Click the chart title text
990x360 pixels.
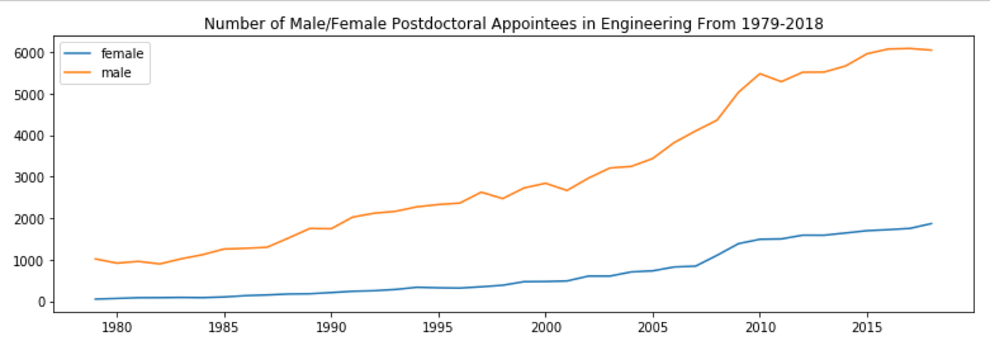coord(513,23)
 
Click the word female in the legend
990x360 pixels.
coord(122,54)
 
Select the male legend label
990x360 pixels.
coord(117,72)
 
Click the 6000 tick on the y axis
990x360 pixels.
coord(30,53)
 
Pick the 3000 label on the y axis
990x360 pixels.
coord(30,178)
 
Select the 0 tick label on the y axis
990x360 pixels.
coord(42,302)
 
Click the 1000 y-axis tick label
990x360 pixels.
coord(30,261)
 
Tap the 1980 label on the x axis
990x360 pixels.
coord(117,329)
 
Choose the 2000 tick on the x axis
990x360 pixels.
coord(545,329)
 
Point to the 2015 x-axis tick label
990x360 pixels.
coord(867,329)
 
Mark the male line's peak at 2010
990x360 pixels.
coord(759,74)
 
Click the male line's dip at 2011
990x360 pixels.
coord(781,81)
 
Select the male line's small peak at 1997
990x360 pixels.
coord(481,192)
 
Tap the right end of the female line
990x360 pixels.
coord(931,223)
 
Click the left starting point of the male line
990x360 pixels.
coord(95,259)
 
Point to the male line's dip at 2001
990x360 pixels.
coord(566,190)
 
